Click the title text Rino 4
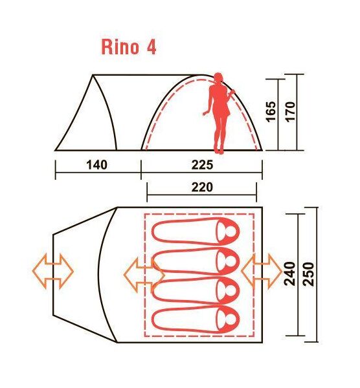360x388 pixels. point(129,47)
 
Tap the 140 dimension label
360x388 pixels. point(97,165)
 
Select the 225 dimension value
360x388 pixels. point(202,165)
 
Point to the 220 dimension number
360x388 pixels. point(202,188)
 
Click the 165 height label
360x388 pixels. point(271,111)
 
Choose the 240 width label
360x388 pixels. point(289,274)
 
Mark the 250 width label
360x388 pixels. point(308,274)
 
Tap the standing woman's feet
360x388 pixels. point(219,151)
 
